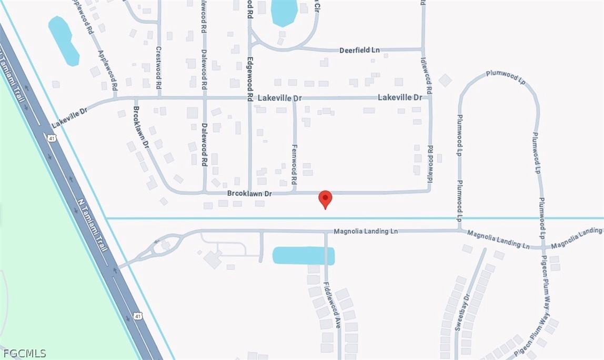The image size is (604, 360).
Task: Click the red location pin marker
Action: pyautogui.click(x=326, y=199)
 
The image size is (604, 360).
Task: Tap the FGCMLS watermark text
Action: pyautogui.click(x=24, y=353)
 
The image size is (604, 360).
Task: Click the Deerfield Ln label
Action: pyautogui.click(x=359, y=50)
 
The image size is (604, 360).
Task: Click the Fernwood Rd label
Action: pyautogui.click(x=294, y=164)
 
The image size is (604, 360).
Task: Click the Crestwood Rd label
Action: pyautogui.click(x=158, y=66)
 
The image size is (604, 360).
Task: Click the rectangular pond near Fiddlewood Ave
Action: pyautogui.click(x=304, y=256)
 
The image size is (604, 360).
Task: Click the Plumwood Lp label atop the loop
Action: pyautogui.click(x=502, y=74)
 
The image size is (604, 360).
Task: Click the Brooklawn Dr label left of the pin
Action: pyautogui.click(x=249, y=194)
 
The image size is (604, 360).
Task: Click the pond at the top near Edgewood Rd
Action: pyautogui.click(x=284, y=12)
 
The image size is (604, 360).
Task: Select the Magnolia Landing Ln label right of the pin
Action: pyautogui.click(x=362, y=231)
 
